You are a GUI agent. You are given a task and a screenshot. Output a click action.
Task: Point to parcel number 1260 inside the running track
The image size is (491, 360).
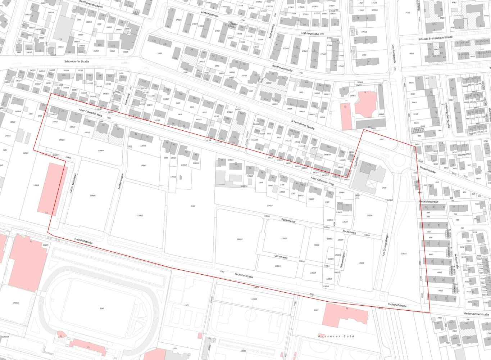pyautogui.click(x=102, y=309)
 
